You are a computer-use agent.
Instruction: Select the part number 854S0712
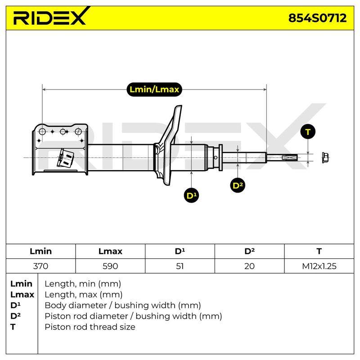click(x=317, y=18)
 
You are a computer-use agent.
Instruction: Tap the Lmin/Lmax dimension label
click(x=154, y=89)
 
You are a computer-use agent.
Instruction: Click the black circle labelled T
click(x=308, y=132)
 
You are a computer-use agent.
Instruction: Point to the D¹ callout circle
click(x=192, y=196)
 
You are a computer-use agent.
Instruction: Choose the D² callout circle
click(x=238, y=185)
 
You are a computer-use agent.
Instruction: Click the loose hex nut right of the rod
click(x=325, y=158)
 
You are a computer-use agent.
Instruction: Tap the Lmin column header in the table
click(x=40, y=251)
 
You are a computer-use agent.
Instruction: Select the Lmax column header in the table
click(x=110, y=251)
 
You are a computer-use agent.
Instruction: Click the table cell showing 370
click(x=40, y=266)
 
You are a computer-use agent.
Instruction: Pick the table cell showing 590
click(x=110, y=266)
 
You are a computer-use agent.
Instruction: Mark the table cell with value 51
click(x=180, y=266)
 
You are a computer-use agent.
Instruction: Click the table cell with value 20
click(x=249, y=266)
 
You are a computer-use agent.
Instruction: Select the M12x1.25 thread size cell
click(x=319, y=266)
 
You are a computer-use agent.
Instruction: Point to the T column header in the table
click(x=319, y=251)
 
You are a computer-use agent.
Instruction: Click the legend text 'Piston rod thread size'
click(x=90, y=327)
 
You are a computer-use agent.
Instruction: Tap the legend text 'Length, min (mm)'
click(x=83, y=284)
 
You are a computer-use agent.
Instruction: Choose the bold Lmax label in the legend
click(x=22, y=295)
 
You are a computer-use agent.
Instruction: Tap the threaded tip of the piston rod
click(x=290, y=157)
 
